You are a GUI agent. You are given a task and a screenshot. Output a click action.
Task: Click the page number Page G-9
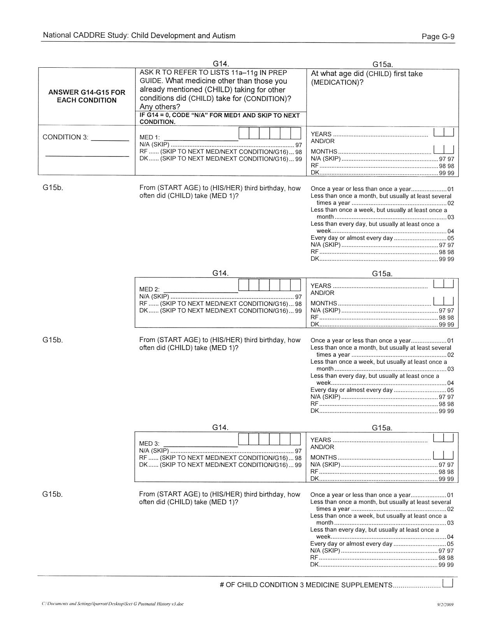coord(438,37)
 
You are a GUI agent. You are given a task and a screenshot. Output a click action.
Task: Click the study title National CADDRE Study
coord(85,36)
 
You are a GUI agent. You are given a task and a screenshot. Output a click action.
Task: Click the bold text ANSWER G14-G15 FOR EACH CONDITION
coord(87,96)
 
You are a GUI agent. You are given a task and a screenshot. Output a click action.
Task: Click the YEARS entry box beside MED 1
coord(444,132)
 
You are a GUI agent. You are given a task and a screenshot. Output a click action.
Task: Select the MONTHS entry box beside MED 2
coord(444,302)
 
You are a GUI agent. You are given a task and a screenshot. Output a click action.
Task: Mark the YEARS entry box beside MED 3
coord(444,438)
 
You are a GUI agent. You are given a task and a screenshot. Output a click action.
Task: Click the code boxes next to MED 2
coord(269,285)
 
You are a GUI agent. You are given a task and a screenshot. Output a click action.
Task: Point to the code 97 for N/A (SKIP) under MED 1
coord(298,145)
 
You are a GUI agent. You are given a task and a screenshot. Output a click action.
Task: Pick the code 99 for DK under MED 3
coord(298,465)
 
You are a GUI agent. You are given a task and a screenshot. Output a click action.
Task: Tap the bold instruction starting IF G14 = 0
coord(219,119)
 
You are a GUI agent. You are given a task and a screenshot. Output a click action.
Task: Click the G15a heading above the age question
coord(382,65)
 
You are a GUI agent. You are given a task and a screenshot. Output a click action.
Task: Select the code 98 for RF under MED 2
coord(298,303)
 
